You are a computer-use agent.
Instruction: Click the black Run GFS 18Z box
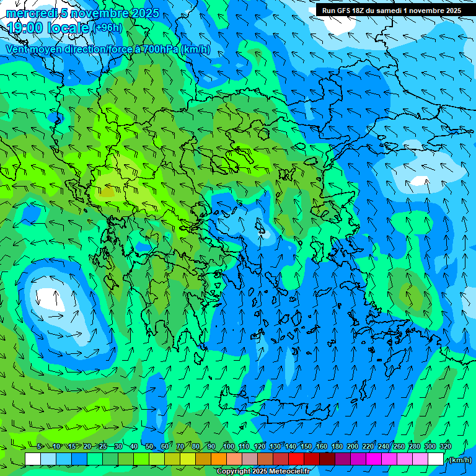pyautogui.click(x=391, y=10)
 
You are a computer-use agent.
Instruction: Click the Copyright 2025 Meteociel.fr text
pyautogui.click(x=263, y=471)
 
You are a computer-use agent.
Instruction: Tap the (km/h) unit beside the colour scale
pyautogui.click(x=459, y=459)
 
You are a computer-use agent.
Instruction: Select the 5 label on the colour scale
pyautogui.click(x=40, y=446)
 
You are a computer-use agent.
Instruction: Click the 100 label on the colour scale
pyautogui.click(x=228, y=446)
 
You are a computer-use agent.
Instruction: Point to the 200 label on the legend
pyautogui.click(x=353, y=446)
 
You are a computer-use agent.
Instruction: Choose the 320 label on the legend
pyautogui.click(x=446, y=446)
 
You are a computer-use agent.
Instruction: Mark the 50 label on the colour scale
pyautogui.click(x=149, y=446)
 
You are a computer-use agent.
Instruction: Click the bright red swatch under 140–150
pyautogui.click(x=297, y=459)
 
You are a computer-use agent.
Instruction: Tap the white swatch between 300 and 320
pyautogui.click(x=436, y=459)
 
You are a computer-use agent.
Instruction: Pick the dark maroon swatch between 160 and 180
pyautogui.click(x=328, y=459)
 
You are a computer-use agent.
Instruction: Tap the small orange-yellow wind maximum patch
pyautogui.click(x=107, y=192)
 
